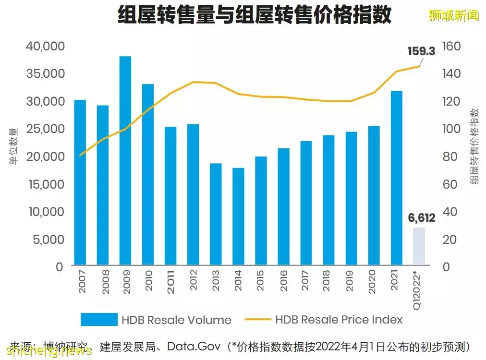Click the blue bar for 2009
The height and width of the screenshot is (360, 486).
(x=125, y=160)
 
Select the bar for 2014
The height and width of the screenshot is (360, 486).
(x=238, y=216)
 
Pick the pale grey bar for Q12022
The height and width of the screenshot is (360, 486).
(x=419, y=246)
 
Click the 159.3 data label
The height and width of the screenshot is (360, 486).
(x=421, y=51)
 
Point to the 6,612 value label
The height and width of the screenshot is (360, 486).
(x=421, y=218)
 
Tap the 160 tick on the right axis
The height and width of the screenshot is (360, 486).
(x=451, y=47)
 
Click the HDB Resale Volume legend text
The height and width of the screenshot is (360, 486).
(x=176, y=320)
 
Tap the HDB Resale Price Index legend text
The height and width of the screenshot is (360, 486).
(x=339, y=320)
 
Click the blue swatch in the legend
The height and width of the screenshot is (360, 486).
(x=99, y=320)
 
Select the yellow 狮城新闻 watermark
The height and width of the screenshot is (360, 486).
(x=453, y=15)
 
